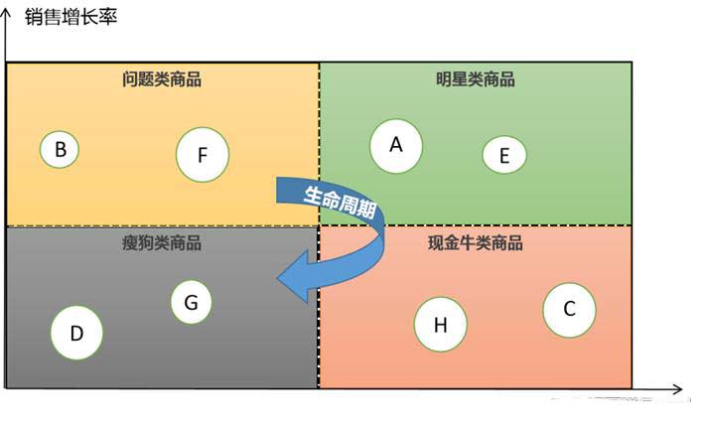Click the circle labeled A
395,146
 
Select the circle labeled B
60,150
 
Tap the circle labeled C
569,309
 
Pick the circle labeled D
76,334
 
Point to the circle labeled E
504,155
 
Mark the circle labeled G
191,302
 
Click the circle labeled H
440,325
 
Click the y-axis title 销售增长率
70,17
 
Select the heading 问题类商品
162,80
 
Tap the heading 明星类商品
476,80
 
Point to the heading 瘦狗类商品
162,243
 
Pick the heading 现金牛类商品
476,243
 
